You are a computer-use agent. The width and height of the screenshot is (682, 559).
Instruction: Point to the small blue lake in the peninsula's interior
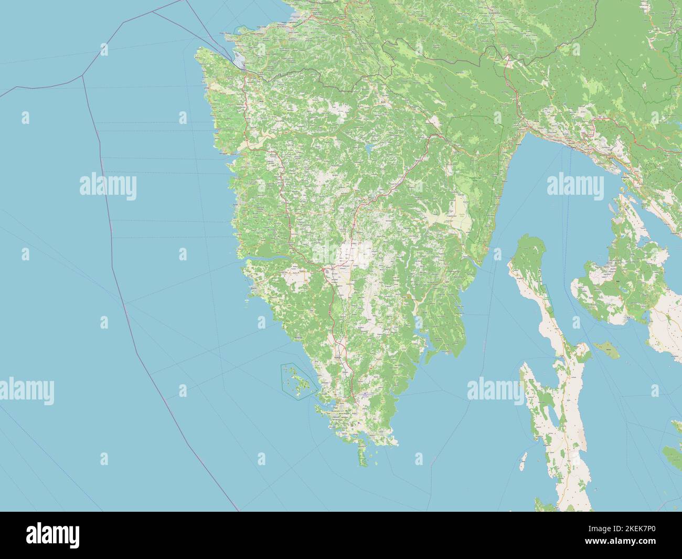tap(370, 149)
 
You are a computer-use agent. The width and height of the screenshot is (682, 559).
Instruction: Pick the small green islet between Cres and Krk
tap(605, 347)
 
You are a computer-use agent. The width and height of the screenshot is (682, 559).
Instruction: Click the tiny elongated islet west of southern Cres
tap(523, 462)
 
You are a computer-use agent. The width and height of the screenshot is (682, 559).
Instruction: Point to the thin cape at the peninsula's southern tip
tap(363, 454)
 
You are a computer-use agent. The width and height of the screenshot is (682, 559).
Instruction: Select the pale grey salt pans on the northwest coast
tap(239, 61)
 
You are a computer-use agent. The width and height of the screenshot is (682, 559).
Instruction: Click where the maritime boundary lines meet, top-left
tap(83, 76)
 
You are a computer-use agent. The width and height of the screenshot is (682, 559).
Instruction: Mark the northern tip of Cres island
tap(530, 238)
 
